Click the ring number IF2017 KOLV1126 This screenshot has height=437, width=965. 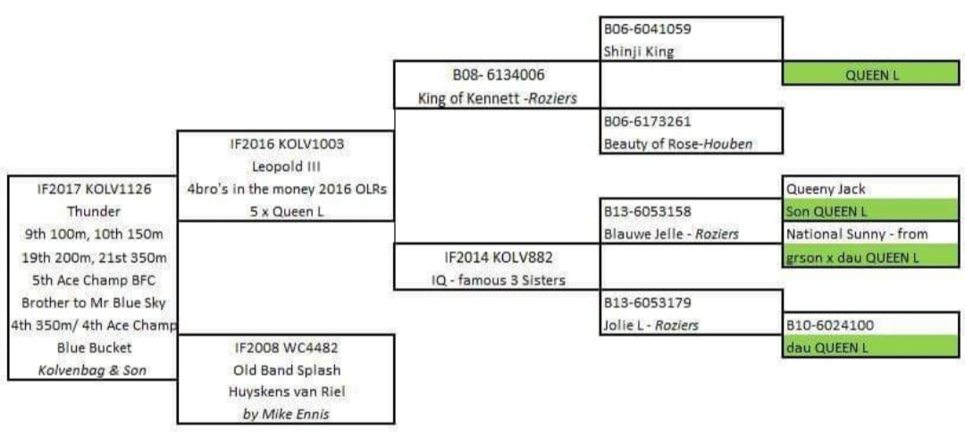pos(94,189)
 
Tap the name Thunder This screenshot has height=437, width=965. pos(92,212)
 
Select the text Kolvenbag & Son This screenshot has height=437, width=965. pos(93,369)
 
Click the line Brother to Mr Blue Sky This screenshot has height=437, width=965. pos(93,302)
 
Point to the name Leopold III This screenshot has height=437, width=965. pos(285,164)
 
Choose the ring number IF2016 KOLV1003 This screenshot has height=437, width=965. pos(285,142)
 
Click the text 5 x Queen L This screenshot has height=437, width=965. pos(285,211)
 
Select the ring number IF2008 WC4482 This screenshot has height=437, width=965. pos(285,347)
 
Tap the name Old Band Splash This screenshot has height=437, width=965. pos(285,369)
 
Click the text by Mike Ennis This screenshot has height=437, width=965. pos(285,414)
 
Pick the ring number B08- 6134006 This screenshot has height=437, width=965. pos(497,74)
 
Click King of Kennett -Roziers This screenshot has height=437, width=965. pos(497,97)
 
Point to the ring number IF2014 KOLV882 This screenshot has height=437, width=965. pos(497,256)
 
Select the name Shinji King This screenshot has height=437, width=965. pos(639,51)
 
